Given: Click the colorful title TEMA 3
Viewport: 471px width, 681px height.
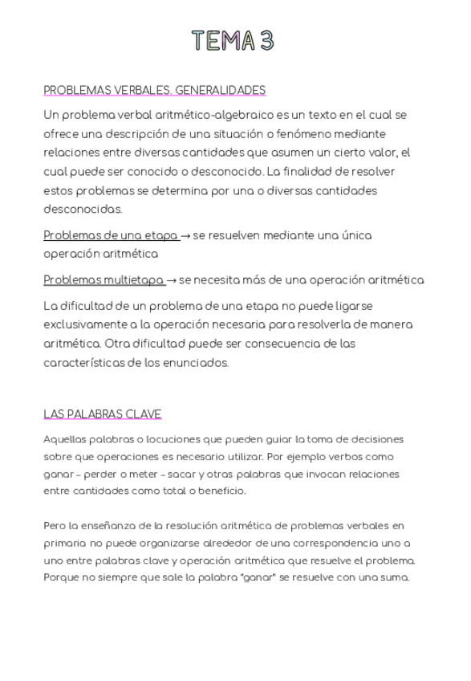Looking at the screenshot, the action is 233,41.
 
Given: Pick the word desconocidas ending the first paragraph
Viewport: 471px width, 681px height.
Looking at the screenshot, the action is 83,210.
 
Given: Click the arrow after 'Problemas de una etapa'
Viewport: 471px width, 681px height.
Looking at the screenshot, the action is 185,236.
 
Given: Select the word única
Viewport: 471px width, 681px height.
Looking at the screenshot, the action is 355,235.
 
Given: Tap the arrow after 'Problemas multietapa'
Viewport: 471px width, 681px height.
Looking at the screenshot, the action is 173,280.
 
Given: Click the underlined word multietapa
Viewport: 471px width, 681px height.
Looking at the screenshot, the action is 133,280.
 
